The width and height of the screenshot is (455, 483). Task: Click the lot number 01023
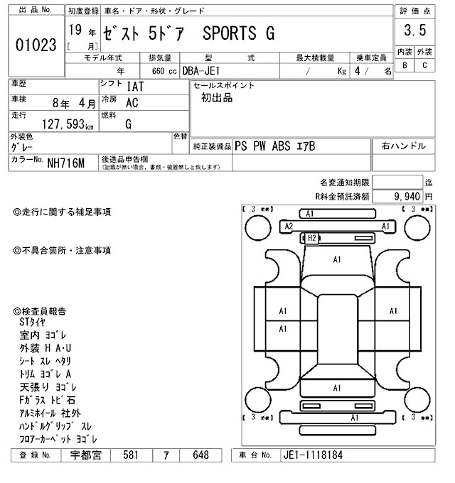[36, 45]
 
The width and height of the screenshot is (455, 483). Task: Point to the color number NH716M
[66, 164]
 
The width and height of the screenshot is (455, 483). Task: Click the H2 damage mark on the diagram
[311, 238]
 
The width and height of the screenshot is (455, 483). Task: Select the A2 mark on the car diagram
[289, 226]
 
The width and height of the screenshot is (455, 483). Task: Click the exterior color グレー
[24, 147]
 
